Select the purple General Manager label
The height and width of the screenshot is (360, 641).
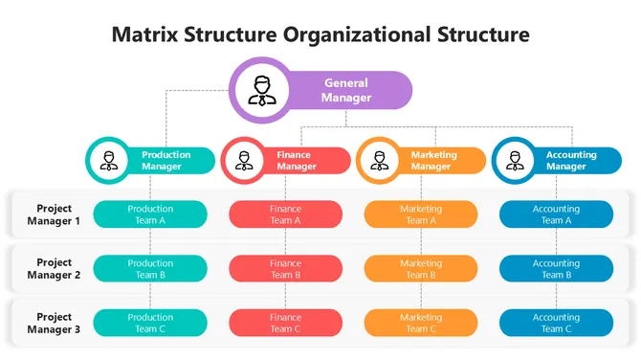(346, 90)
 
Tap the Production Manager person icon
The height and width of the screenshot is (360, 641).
(109, 160)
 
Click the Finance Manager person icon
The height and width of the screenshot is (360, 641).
(244, 160)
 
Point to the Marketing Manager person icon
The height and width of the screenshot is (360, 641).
(380, 160)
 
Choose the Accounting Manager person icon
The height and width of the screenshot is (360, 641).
(515, 160)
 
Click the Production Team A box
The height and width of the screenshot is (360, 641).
(150, 214)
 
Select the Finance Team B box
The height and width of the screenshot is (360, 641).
(285, 269)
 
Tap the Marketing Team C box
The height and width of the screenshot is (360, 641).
(421, 323)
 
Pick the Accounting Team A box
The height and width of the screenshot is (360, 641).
(556, 214)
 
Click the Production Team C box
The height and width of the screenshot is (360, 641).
(150, 323)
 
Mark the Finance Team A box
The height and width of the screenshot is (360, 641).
(285, 214)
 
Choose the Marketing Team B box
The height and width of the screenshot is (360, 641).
(421, 269)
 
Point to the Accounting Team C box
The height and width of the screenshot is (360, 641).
(556, 323)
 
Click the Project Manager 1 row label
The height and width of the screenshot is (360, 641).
(54, 214)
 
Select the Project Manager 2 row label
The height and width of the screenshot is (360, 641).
(54, 269)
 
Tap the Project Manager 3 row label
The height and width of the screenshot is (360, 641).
(54, 323)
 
